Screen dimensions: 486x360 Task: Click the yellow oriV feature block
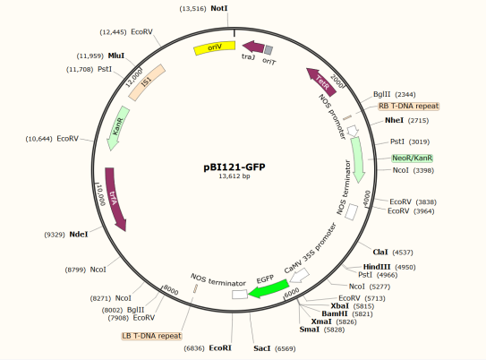(x=215, y=47)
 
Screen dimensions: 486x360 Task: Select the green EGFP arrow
(x=269, y=288)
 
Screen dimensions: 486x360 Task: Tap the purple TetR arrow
(x=321, y=82)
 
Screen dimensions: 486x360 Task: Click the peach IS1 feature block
(x=147, y=82)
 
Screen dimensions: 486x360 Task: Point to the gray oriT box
(x=269, y=49)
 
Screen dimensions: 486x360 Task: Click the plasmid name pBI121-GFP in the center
(x=234, y=167)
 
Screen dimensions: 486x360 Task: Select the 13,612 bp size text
(x=234, y=176)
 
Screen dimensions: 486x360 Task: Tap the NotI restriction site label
(x=218, y=8)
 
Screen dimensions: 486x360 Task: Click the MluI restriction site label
(x=116, y=56)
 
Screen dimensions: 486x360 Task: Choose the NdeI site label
(x=79, y=235)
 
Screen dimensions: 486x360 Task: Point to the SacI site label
(x=262, y=348)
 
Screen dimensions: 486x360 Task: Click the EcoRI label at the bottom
(x=220, y=348)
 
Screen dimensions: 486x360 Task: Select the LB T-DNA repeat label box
(x=151, y=336)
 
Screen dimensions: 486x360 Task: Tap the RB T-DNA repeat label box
(x=408, y=106)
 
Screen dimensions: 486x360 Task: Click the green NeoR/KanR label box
(x=413, y=159)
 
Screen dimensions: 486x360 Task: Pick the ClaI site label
(x=380, y=253)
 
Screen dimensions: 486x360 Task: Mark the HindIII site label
(x=377, y=267)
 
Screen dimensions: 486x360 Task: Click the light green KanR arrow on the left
(x=118, y=128)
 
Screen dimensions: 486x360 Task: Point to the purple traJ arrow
(x=253, y=47)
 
